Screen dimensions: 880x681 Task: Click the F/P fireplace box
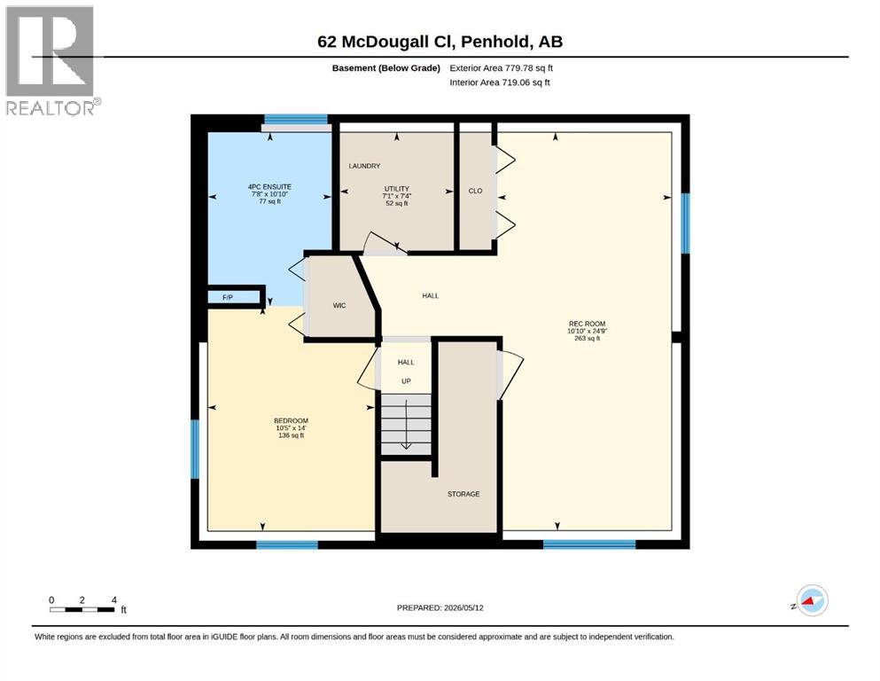coord(236,296)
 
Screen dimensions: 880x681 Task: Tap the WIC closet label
coord(339,305)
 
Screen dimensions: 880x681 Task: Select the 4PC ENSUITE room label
coord(270,187)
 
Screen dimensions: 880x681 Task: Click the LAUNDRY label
coord(364,166)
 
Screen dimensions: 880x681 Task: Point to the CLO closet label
coord(475,191)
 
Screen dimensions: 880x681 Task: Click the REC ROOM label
coord(587,324)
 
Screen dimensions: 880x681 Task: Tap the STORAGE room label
coord(463,494)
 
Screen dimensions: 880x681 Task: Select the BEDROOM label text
coord(291,420)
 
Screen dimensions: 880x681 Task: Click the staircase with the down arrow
coord(406,424)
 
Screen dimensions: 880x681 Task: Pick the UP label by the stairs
coord(406,381)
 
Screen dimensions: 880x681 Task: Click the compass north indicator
coord(812,600)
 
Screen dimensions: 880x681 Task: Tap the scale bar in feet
coord(87,606)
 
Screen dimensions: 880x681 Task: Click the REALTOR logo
coord(51,60)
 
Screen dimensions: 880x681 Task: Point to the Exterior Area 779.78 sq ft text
coord(502,68)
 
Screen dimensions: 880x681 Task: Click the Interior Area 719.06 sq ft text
coord(500,82)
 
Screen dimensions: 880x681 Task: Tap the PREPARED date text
coord(440,607)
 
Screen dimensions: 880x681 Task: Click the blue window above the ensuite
coord(296,119)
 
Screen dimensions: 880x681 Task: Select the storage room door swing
coord(510,374)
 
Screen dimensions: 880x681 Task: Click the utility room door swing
coord(385,244)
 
